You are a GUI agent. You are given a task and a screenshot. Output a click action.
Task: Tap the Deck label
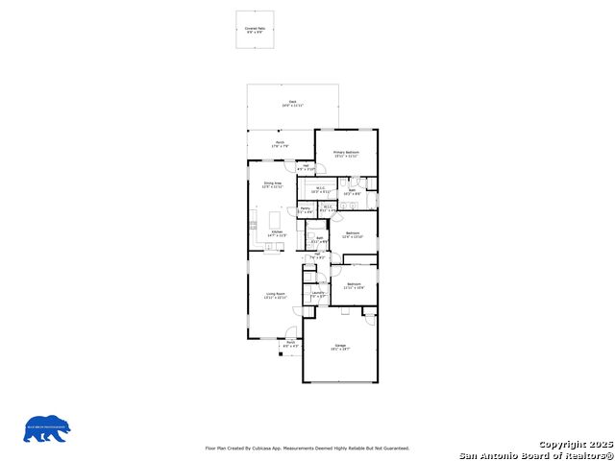(x=292, y=103)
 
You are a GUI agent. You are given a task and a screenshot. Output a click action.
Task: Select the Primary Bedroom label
(x=346, y=154)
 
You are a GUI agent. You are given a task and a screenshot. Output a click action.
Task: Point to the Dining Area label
(x=272, y=184)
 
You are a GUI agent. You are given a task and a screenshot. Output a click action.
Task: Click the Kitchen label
(x=277, y=233)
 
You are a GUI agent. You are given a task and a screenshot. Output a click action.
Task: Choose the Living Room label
(x=276, y=296)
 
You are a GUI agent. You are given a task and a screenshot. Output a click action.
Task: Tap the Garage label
(x=340, y=347)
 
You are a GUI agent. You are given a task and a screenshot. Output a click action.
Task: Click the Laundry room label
(x=319, y=295)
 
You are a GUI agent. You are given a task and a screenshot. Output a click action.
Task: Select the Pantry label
(x=305, y=209)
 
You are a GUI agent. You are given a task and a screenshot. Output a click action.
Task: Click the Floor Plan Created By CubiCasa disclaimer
(x=307, y=448)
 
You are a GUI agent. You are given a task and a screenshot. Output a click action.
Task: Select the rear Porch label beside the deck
(x=281, y=144)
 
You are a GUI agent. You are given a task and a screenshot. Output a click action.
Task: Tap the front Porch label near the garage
(x=290, y=343)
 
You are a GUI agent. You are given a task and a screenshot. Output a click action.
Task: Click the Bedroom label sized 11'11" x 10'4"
(x=354, y=285)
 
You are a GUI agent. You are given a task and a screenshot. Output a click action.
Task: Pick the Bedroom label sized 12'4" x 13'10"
(x=353, y=234)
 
